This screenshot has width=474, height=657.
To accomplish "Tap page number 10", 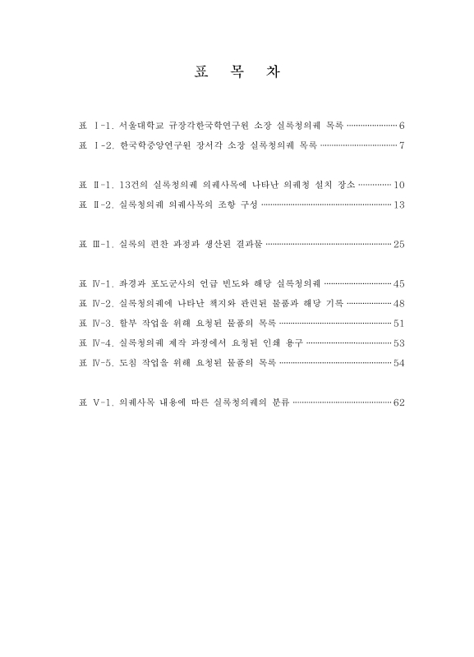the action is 399,185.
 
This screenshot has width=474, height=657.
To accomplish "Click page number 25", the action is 399,244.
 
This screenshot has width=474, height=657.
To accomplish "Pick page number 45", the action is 399,283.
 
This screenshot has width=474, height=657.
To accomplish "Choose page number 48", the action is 399,303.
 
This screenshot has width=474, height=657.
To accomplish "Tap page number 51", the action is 399,323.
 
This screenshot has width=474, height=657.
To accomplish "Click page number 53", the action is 399,342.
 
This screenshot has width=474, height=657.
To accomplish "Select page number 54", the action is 399,362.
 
